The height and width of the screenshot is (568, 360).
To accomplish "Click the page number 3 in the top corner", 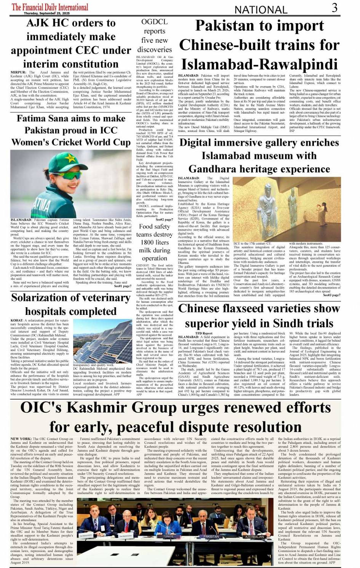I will click(x=334, y=8).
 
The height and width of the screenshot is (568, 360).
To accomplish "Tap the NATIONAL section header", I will click(x=261, y=10).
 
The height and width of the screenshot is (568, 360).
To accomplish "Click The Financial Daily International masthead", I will click(x=50, y=7).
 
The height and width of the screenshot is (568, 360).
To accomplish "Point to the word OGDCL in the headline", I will click(x=154, y=22).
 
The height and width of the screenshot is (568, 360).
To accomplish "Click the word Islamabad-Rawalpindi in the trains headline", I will click(x=259, y=64).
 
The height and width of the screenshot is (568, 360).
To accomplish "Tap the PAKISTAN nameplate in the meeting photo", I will click(x=211, y=536).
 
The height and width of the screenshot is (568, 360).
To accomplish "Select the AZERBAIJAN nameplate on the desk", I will click(x=254, y=536).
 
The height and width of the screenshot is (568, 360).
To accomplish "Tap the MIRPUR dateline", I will click(x=18, y=72).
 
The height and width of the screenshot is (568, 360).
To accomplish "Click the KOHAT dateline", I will click(x=17, y=321).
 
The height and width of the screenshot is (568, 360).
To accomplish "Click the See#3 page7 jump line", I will click(x=332, y=295).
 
